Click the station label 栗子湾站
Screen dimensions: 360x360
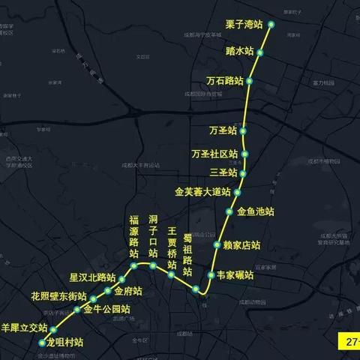click(x=243, y=25)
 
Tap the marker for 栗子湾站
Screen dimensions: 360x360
click(x=271, y=25)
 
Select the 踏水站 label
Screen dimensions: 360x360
click(x=240, y=52)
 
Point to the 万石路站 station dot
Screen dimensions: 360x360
click(x=250, y=81)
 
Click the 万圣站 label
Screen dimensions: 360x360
click(x=223, y=130)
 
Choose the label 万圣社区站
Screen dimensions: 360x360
click(x=214, y=154)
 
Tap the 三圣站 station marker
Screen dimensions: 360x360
click(x=243, y=173)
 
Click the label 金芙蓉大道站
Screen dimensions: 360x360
click(x=202, y=193)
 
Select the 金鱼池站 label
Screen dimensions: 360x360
click(x=256, y=212)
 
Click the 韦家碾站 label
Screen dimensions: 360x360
click(x=235, y=275)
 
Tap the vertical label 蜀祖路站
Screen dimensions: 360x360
click(x=189, y=254)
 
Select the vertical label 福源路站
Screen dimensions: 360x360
click(x=134, y=235)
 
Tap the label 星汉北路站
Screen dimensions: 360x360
click(x=92, y=277)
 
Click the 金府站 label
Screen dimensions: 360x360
click(x=128, y=291)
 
